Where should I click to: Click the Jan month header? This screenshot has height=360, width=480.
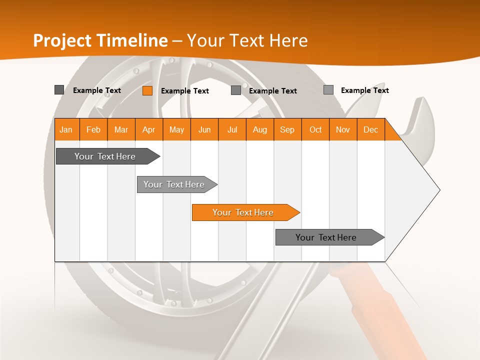66,129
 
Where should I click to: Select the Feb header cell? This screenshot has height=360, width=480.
93,129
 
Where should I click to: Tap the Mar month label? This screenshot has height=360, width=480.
121,129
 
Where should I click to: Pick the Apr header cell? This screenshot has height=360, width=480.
149,129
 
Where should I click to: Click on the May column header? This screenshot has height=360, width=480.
176,129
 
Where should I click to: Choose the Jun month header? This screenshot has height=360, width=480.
204,129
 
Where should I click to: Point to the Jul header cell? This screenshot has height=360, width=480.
232,129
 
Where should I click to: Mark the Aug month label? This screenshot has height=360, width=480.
260,129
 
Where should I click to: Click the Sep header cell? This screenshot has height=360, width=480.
287,129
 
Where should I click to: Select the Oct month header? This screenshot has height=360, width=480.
315,129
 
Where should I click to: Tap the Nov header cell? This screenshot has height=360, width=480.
343,129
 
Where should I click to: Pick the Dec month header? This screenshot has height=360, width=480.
371,129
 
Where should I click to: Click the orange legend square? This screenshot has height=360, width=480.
147,90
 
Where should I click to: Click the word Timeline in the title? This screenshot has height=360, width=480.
132,40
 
